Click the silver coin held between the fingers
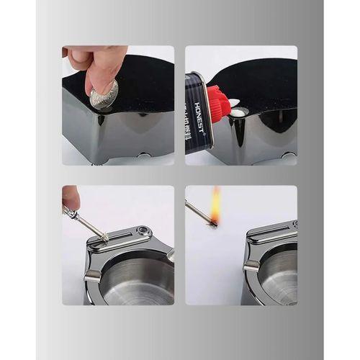[x=104, y=94]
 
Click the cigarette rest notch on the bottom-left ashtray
[x=91, y=275]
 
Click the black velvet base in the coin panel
[x=140, y=83]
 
